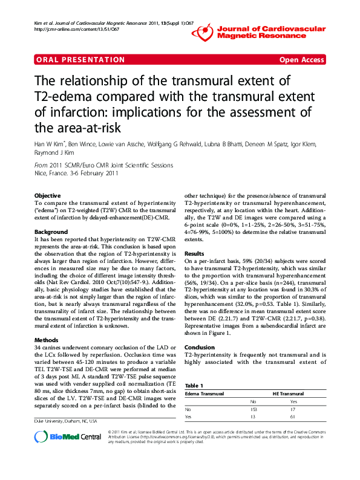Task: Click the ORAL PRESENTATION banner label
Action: click(x=80, y=60)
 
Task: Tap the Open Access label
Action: click(x=301, y=60)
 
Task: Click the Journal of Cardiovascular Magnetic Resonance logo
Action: click(x=271, y=32)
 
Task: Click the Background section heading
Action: click(x=51, y=232)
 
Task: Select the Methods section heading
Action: click(x=46, y=323)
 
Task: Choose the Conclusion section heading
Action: click(x=199, y=347)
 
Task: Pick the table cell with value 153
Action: click(x=254, y=409)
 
